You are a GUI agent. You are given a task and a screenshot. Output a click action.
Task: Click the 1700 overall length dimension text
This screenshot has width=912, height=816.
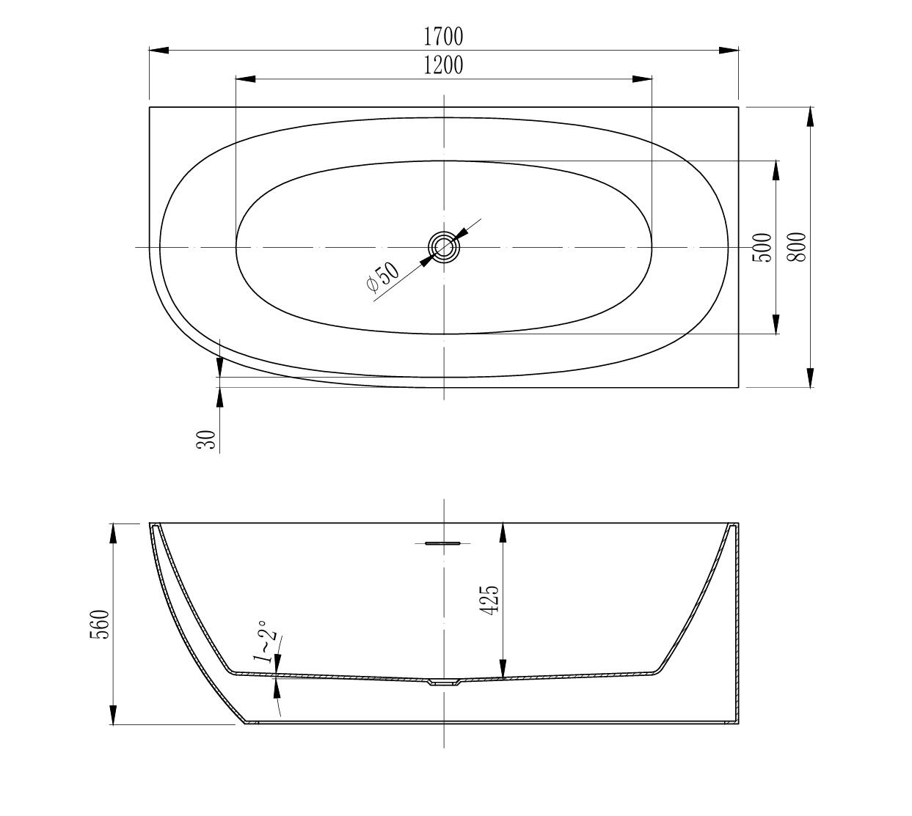[443, 35]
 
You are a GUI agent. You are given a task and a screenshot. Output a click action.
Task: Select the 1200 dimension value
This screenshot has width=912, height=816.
[443, 65]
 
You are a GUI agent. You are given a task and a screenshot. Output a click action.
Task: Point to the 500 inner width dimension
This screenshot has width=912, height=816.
[763, 248]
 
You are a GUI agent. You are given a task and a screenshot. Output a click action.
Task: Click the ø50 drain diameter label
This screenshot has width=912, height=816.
[382, 276]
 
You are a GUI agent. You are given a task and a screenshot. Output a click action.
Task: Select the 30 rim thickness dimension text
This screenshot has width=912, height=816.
[208, 439]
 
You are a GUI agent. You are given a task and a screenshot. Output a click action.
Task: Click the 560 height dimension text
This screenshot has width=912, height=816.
[100, 624]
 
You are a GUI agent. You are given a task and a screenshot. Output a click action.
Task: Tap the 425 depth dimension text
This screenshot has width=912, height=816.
[489, 599]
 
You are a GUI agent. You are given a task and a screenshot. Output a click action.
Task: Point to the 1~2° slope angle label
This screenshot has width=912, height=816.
[266, 641]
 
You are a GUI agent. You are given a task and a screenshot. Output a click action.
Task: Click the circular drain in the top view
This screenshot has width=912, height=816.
[443, 247]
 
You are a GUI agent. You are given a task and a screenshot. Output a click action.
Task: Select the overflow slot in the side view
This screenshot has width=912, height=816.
[442, 543]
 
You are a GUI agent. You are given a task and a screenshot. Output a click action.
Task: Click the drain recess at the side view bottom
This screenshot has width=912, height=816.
[442, 683]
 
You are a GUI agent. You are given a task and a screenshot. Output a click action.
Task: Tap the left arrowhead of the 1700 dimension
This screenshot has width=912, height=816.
[159, 50]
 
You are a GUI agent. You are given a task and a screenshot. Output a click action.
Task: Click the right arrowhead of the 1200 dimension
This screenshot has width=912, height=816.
[642, 79]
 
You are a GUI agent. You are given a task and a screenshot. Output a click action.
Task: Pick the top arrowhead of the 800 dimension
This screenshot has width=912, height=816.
[810, 117]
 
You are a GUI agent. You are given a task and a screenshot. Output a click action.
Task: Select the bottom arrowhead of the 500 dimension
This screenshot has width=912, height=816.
[776, 324]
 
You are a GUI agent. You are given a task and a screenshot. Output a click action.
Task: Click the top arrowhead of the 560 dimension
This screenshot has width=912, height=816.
[114, 533]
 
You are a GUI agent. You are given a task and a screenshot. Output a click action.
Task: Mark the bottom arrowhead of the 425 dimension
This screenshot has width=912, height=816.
[503, 668]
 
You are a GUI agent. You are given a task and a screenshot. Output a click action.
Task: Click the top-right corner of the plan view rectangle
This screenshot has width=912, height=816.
[738, 107]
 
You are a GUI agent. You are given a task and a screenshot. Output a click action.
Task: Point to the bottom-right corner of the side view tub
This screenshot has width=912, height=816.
[737, 724]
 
